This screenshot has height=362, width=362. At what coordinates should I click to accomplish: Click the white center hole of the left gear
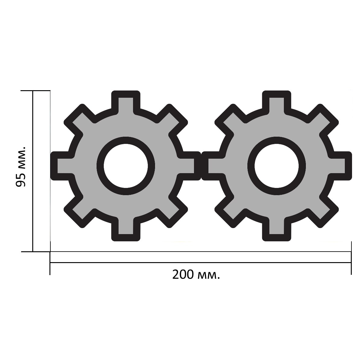coord(126,166)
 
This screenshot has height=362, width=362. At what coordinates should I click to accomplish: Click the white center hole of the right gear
coord(277,166)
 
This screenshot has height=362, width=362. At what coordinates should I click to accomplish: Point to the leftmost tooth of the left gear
coord(62,166)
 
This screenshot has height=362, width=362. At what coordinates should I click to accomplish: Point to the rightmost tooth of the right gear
coord(340,166)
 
